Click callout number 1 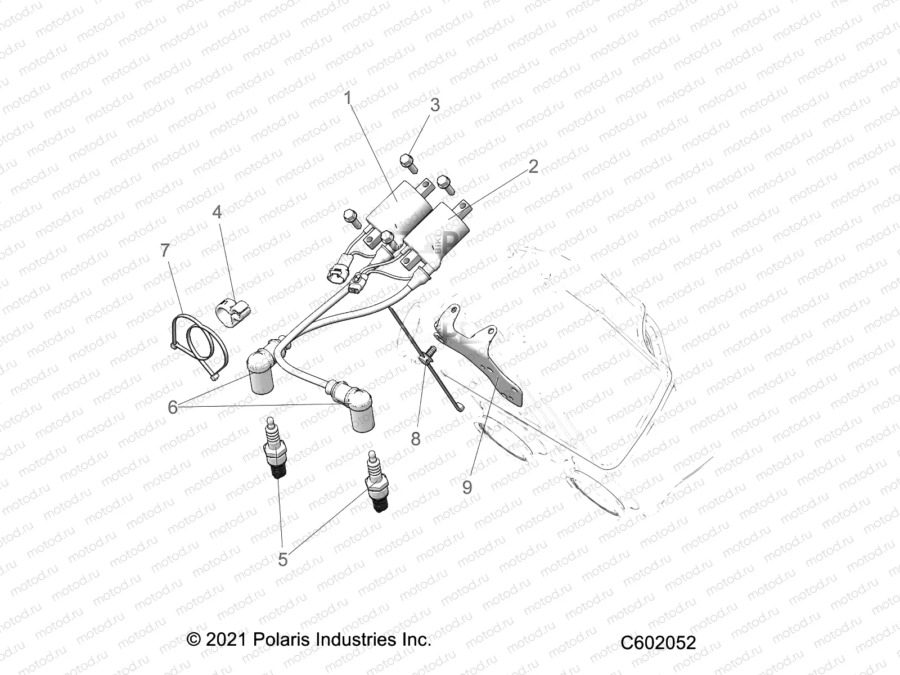348,98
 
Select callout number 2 533,166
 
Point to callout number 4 217,212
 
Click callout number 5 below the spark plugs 283,559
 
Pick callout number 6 173,407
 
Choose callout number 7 165,250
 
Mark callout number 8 416,439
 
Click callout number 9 467,487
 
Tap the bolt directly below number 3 408,163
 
